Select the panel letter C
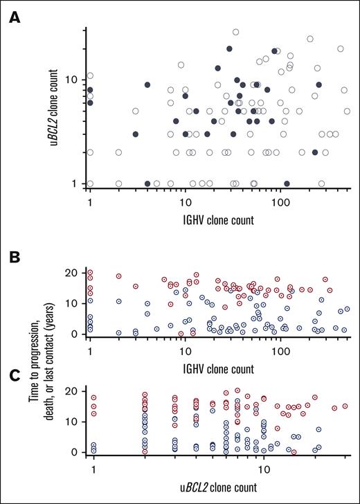pos(14,377)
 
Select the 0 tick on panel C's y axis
pos(75,452)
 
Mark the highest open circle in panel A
pos(235,32)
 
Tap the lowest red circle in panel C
pos(294,452)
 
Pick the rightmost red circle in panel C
pos(345,406)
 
